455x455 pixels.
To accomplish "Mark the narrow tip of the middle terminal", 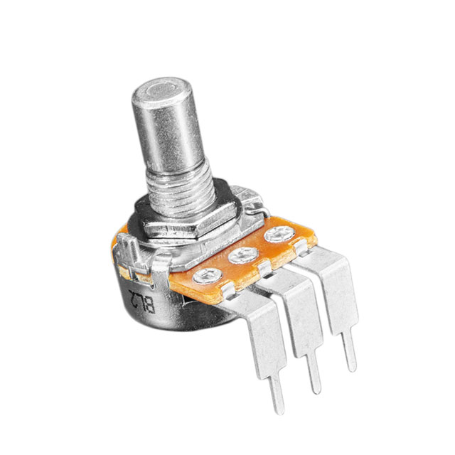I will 314,377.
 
